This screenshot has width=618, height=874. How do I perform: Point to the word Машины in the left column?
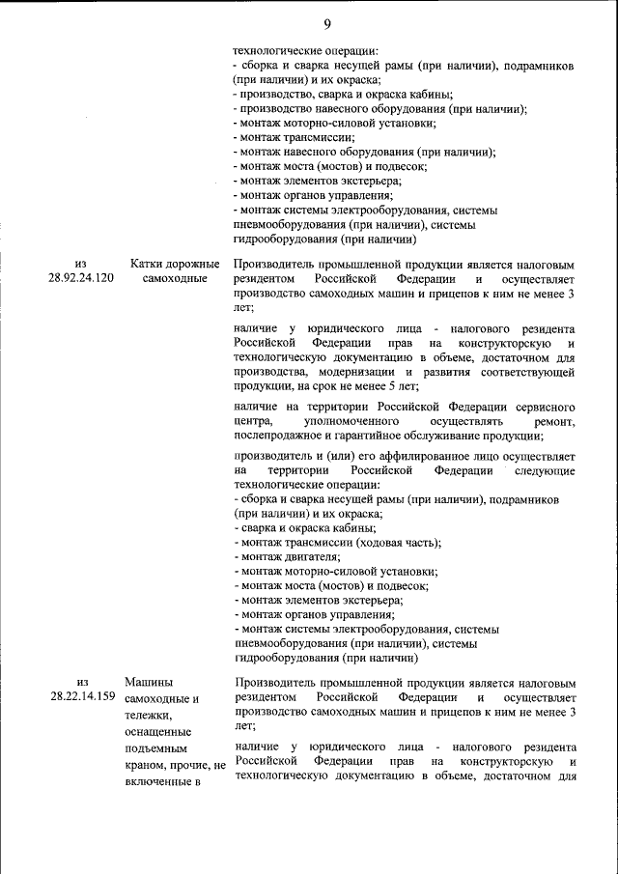(x=150, y=682)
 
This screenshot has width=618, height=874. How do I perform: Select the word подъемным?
(x=158, y=748)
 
